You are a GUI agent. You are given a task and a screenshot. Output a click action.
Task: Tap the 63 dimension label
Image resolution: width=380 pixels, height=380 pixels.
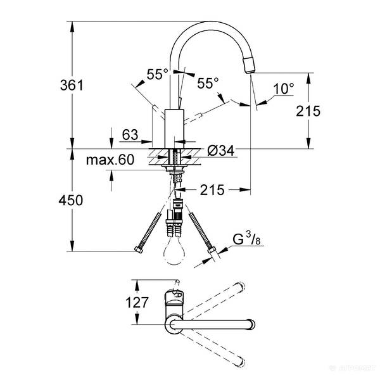point(130,134)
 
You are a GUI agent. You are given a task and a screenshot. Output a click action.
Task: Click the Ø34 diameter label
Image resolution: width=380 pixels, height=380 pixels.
point(221,151)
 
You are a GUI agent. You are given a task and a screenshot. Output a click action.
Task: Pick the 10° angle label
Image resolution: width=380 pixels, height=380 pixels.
point(284,89)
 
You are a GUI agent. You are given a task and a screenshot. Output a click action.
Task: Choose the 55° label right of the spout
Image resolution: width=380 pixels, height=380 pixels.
point(207,82)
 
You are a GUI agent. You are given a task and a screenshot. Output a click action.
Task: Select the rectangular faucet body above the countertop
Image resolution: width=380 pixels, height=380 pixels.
point(173,127)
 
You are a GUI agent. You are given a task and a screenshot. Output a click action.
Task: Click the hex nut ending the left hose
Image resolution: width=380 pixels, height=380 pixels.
point(139,251)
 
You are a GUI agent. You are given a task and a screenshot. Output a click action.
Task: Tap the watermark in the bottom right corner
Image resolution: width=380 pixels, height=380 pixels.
point(358,374)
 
